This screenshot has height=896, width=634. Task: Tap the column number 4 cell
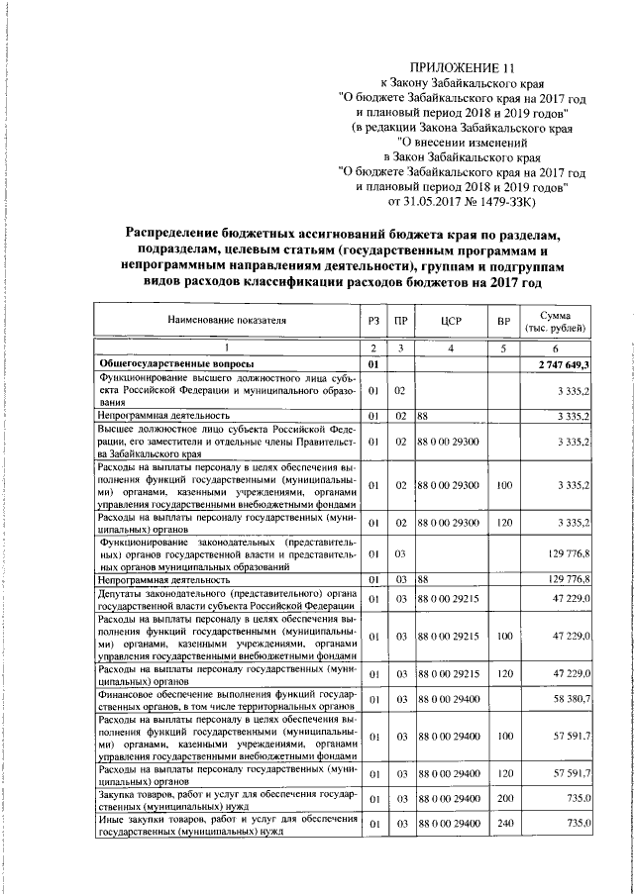click(450, 348)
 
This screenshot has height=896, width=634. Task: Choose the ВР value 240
click(503, 824)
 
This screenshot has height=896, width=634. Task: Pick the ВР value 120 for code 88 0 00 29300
click(503, 522)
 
